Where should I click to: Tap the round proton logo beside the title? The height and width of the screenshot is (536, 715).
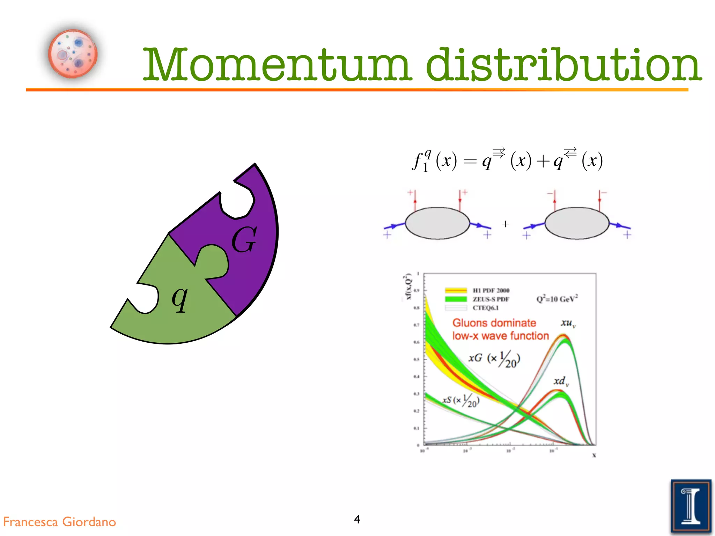pos(73,54)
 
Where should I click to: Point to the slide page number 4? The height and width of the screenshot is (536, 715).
pos(357,519)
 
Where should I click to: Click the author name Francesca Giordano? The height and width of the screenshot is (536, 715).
pos(59,522)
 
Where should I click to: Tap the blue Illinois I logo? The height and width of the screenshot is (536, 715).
pos(691,506)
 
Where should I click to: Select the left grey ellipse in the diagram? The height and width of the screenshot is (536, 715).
pos(437,223)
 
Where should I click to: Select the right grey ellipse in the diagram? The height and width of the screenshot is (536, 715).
pos(577,223)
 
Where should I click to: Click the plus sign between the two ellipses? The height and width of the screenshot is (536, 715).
pos(505,224)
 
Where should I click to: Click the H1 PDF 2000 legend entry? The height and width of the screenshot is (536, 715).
pos(491,290)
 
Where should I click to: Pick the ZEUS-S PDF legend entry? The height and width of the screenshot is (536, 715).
pos(491,299)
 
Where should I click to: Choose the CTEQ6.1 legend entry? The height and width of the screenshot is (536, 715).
pos(486,308)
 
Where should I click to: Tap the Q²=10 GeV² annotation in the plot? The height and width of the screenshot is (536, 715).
pos(557,299)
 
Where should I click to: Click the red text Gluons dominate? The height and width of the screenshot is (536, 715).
pos(494,323)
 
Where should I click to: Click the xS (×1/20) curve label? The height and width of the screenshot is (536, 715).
pos(461,401)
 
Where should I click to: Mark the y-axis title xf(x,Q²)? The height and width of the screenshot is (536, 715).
pos(408,287)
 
